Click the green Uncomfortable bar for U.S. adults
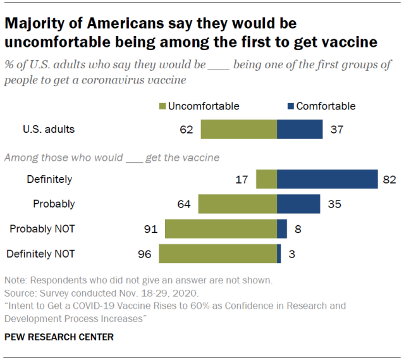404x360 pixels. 239,130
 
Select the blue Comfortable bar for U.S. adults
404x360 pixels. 300,130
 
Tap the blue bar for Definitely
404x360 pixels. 327,179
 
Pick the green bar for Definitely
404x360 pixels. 266,179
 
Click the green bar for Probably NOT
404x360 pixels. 221,228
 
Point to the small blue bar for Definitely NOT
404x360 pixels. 279,254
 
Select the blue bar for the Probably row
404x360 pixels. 298,204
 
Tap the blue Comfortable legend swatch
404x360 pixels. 290,106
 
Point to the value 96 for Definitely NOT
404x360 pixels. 145,254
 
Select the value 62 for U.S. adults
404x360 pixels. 186,130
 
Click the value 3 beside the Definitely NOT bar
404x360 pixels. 293,254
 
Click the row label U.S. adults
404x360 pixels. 48,130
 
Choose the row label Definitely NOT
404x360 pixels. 40,254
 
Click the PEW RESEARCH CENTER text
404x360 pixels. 59,337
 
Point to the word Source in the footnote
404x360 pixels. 19,292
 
